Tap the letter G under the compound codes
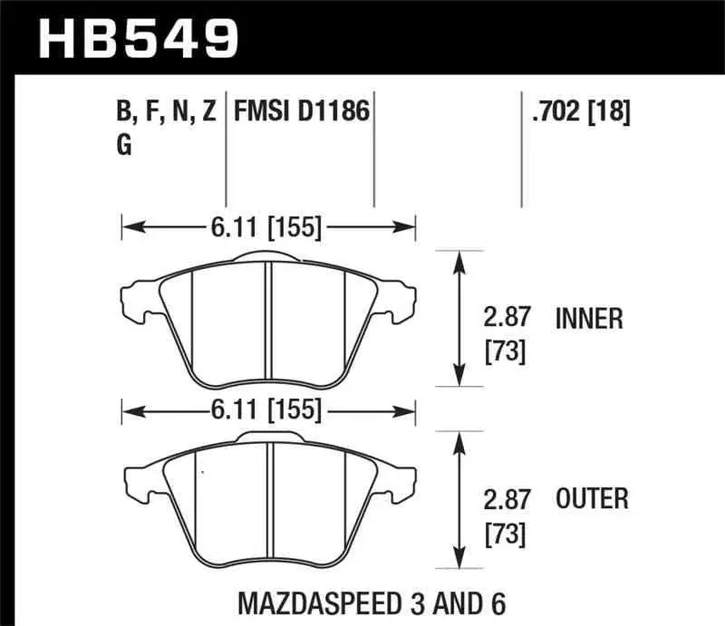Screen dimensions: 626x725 (x=124, y=145)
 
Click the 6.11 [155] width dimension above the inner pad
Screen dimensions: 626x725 (x=268, y=228)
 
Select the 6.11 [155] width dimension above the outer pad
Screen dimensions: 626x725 (x=268, y=411)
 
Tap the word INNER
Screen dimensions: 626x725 (x=589, y=318)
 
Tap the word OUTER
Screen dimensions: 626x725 (x=592, y=498)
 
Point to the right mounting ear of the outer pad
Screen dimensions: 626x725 (x=401, y=480)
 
